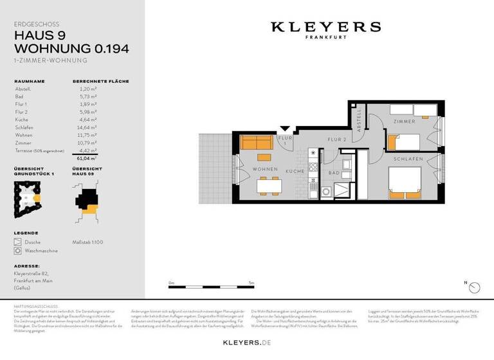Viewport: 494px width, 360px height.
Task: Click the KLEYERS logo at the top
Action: (x=325, y=28)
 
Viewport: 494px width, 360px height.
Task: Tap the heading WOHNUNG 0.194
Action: (x=71, y=48)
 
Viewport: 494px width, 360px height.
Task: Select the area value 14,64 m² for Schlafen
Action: (x=87, y=127)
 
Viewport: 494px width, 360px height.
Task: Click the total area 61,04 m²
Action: (x=86, y=157)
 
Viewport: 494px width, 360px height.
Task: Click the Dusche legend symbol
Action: (x=17, y=242)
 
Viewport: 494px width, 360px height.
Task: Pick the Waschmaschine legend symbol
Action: (x=17, y=251)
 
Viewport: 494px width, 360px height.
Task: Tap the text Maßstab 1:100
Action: (x=89, y=242)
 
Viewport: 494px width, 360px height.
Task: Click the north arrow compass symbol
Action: (x=475, y=287)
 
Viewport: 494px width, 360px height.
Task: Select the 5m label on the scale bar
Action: (x=252, y=283)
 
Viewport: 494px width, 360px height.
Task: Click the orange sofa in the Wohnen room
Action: (x=256, y=143)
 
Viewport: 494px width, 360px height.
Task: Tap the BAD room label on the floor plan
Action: (x=333, y=172)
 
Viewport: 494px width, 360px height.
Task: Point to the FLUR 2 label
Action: (x=337, y=139)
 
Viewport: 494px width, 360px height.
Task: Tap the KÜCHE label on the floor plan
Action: (x=295, y=172)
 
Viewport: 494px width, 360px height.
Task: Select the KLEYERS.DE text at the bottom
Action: (x=246, y=343)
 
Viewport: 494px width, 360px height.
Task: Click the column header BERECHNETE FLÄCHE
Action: (x=100, y=82)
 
